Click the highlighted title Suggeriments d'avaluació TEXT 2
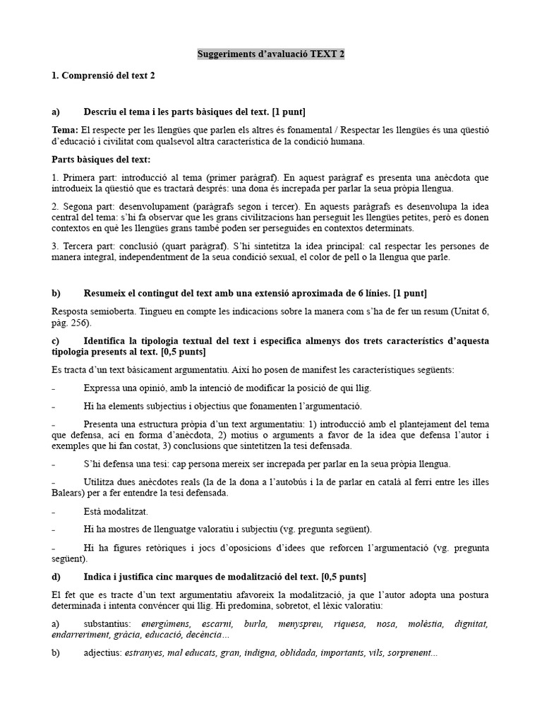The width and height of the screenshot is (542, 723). click(x=271, y=54)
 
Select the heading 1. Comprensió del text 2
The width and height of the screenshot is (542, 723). click(x=103, y=76)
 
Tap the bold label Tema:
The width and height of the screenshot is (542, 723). click(x=66, y=130)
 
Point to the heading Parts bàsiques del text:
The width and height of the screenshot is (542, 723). click(x=101, y=160)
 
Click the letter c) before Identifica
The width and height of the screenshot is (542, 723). click(x=56, y=340)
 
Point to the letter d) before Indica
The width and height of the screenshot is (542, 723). click(x=56, y=576)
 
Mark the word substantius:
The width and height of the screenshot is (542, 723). click(x=109, y=624)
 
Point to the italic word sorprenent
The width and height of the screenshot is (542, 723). click(x=412, y=653)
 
